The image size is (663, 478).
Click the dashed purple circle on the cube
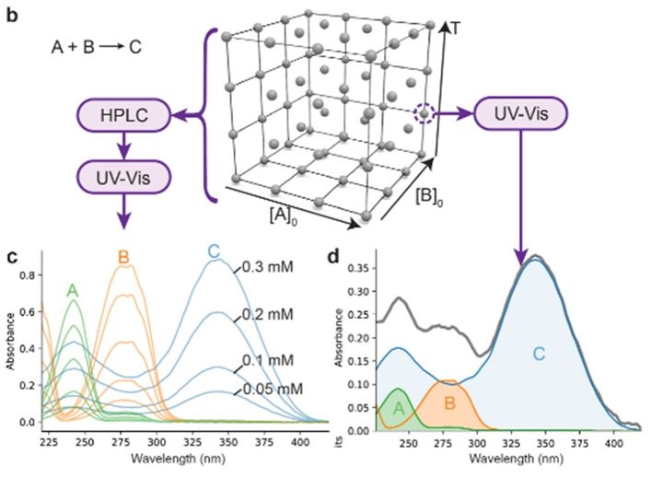point(424,114)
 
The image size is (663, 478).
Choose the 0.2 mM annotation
point(267,315)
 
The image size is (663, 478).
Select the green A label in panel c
point(72,290)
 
